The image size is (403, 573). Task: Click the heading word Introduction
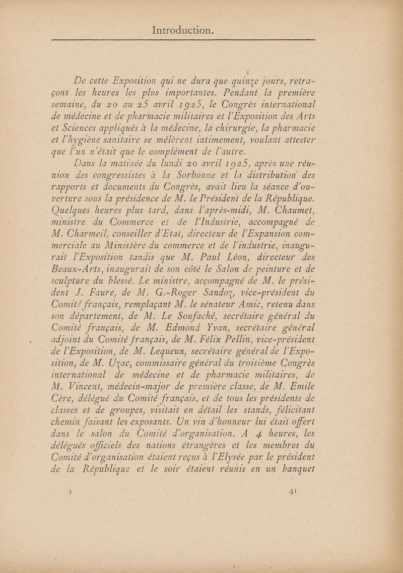point(183,30)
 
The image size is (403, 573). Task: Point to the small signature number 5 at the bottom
point(72,491)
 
